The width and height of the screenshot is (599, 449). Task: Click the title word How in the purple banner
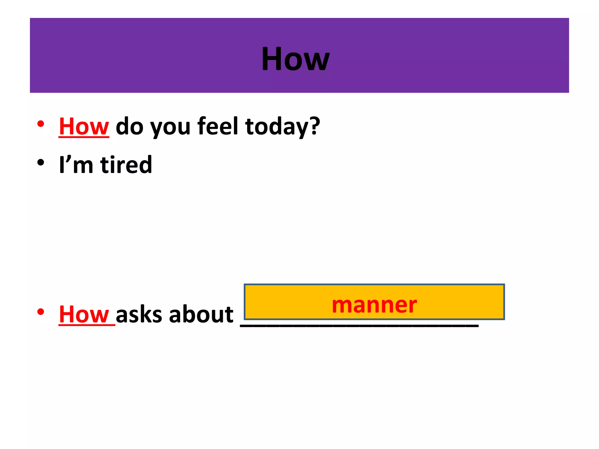[295, 59]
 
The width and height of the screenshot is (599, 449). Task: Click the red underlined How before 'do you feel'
[84, 126]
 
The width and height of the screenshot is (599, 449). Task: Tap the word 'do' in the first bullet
[130, 126]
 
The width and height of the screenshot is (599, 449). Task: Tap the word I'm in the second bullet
[76, 165]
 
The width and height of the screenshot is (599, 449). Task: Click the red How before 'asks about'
[84, 315]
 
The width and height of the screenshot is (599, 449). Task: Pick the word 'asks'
[139, 315]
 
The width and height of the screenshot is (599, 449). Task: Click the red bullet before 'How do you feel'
[41, 124]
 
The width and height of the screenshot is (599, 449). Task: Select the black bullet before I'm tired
[41, 163]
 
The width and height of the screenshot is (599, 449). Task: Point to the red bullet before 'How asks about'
[41, 312]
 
